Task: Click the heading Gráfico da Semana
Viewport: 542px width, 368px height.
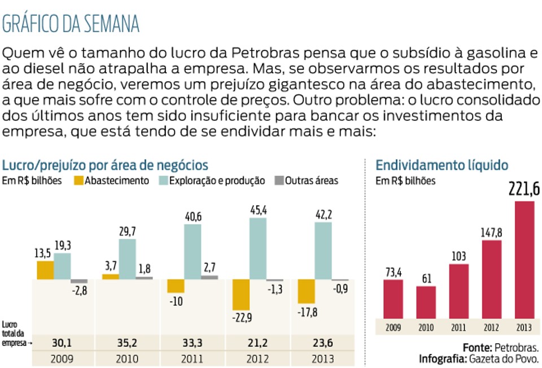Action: pos(71,24)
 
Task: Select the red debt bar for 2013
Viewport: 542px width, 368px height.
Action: pos(524,260)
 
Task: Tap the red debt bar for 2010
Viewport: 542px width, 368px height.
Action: pos(426,303)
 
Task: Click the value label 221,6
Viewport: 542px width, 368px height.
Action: pos(524,189)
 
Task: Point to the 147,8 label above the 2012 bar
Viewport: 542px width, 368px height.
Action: pos(491,233)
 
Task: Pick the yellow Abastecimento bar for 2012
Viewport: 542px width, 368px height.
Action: pos(241,295)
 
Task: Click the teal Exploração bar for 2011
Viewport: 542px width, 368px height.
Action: pos(193,252)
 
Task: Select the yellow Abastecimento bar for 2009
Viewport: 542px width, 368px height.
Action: pos(45,270)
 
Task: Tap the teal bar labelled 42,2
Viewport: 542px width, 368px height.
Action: pos(323,251)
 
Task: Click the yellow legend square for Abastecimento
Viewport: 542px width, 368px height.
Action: pos(78,181)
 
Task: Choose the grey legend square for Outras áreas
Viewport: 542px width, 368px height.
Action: pos(279,181)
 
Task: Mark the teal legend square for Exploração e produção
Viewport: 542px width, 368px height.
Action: pos(163,181)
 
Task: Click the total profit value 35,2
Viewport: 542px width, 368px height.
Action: pos(127,343)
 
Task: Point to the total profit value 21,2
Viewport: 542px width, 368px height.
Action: pos(257,343)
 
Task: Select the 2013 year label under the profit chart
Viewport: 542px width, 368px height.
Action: pos(323,359)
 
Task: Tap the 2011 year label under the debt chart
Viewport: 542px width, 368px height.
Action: pos(458,327)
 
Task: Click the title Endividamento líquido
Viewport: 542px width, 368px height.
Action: pos(442,165)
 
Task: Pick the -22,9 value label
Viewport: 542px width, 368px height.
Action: pos(242,318)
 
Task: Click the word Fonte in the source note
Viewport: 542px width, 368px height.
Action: pos(478,348)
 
